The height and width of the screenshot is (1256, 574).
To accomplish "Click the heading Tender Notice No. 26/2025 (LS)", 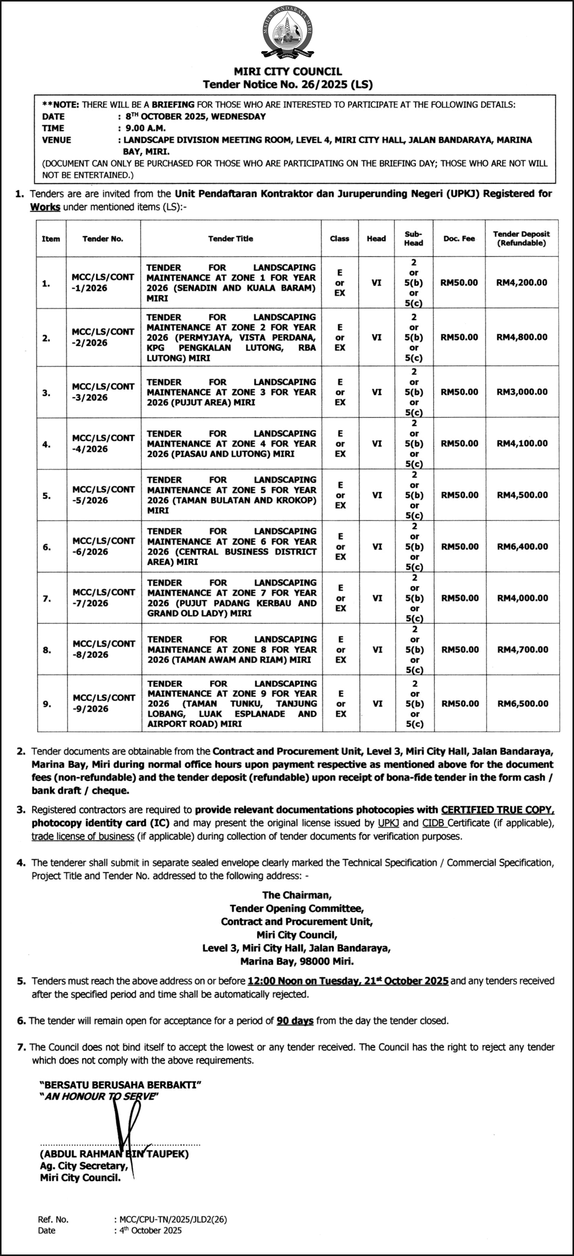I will (288, 84).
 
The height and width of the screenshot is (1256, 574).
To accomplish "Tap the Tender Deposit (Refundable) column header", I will (521, 238).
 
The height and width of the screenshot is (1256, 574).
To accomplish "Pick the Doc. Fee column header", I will (459, 238).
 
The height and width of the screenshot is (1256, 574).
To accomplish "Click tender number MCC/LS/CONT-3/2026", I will (103, 392).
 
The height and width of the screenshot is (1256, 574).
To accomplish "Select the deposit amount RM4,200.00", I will (522, 282).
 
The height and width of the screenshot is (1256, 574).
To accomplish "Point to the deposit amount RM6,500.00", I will (523, 704).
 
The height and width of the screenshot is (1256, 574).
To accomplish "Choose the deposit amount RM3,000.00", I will (522, 392).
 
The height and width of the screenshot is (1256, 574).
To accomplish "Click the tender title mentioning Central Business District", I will (232, 547).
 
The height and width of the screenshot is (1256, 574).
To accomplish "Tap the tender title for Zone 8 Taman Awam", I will (232, 650).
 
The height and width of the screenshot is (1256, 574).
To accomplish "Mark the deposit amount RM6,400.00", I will (523, 547).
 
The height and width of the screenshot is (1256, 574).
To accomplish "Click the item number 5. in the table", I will (47, 495).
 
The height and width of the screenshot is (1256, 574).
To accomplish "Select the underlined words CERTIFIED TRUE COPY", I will (497, 810).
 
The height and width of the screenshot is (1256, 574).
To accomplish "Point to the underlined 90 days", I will (295, 1021).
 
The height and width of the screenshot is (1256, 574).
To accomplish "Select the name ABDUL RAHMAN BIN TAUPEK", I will (114, 1154).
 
